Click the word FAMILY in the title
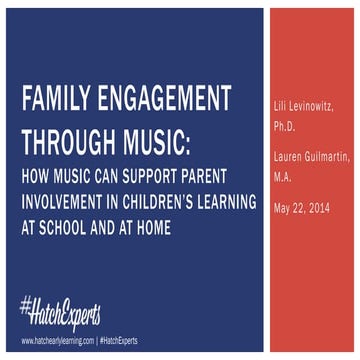(58, 101)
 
